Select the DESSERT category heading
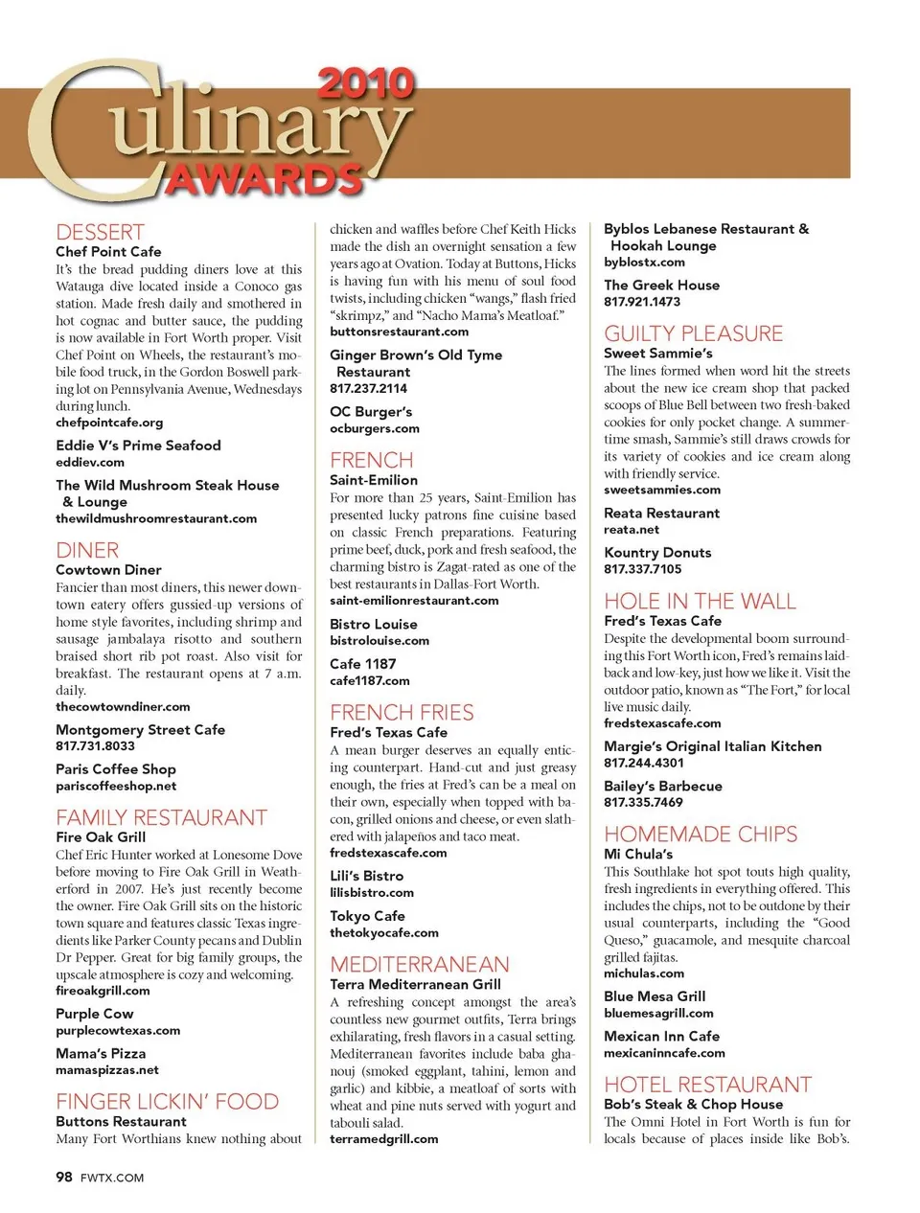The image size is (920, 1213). point(100,233)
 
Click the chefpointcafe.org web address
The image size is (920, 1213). point(109,423)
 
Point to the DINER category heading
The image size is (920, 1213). point(87,551)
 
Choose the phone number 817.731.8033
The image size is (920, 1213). point(95,746)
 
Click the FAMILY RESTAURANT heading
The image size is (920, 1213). point(161,818)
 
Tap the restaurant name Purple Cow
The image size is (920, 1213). point(95,1014)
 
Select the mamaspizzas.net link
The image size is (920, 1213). point(107,1070)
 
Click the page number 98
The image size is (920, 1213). point(64,1178)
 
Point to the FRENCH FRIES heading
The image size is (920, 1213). point(402,713)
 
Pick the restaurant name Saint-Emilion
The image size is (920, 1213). point(374,480)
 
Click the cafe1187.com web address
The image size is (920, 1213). point(369,681)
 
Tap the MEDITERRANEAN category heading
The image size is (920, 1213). point(420,965)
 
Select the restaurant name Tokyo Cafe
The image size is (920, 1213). point(367,916)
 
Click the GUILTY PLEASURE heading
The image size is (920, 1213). point(693,334)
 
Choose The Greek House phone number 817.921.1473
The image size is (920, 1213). point(642,302)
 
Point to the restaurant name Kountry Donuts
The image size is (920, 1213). point(657,553)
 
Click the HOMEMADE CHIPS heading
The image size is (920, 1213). point(701,835)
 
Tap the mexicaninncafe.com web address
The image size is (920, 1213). point(664,1053)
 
